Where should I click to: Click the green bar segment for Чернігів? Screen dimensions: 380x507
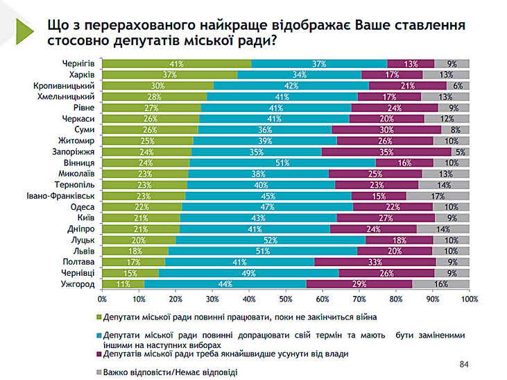tap(177, 64)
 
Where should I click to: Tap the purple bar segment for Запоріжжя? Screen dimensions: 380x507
tap(386, 152)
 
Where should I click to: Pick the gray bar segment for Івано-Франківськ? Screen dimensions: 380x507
tap(438, 196)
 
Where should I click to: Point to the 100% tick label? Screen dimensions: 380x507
tap(468, 299)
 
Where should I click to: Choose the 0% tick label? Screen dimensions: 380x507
tap(102, 299)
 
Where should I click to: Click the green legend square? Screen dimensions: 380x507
tap(98, 317)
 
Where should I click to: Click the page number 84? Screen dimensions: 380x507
tap(464, 363)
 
